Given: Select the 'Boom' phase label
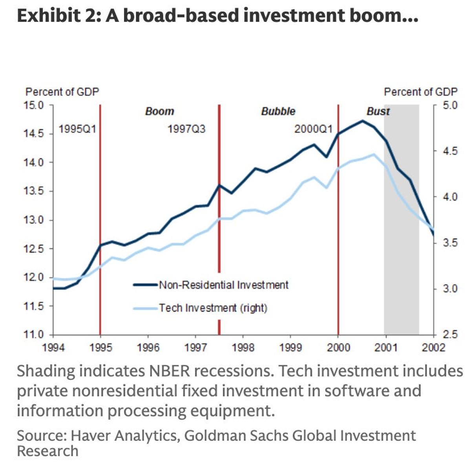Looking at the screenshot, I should pos(159,111).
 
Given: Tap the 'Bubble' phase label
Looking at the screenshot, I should pos(278,111).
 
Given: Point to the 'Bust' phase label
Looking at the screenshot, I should pos(378,111).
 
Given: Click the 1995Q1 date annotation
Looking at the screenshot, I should pos(77,129).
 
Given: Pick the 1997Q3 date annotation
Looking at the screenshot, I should pos(186,129).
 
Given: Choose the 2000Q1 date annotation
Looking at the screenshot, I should pos(313,129).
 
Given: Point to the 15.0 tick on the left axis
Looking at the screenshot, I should pos(35,105).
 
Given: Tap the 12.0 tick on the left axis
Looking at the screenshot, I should pos(35,278).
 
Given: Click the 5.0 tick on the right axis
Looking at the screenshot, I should pos(450,105).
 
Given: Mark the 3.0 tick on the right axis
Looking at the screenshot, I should pos(450,289).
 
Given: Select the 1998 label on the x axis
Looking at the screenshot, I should pos(243,348).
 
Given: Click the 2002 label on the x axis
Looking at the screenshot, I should pos(433,348).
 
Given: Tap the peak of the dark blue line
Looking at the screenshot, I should pos(362,121).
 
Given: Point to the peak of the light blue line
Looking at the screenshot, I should pos(374,154).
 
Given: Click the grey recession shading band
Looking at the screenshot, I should pos(402,236).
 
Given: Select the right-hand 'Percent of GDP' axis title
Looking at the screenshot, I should pos(420,92).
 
